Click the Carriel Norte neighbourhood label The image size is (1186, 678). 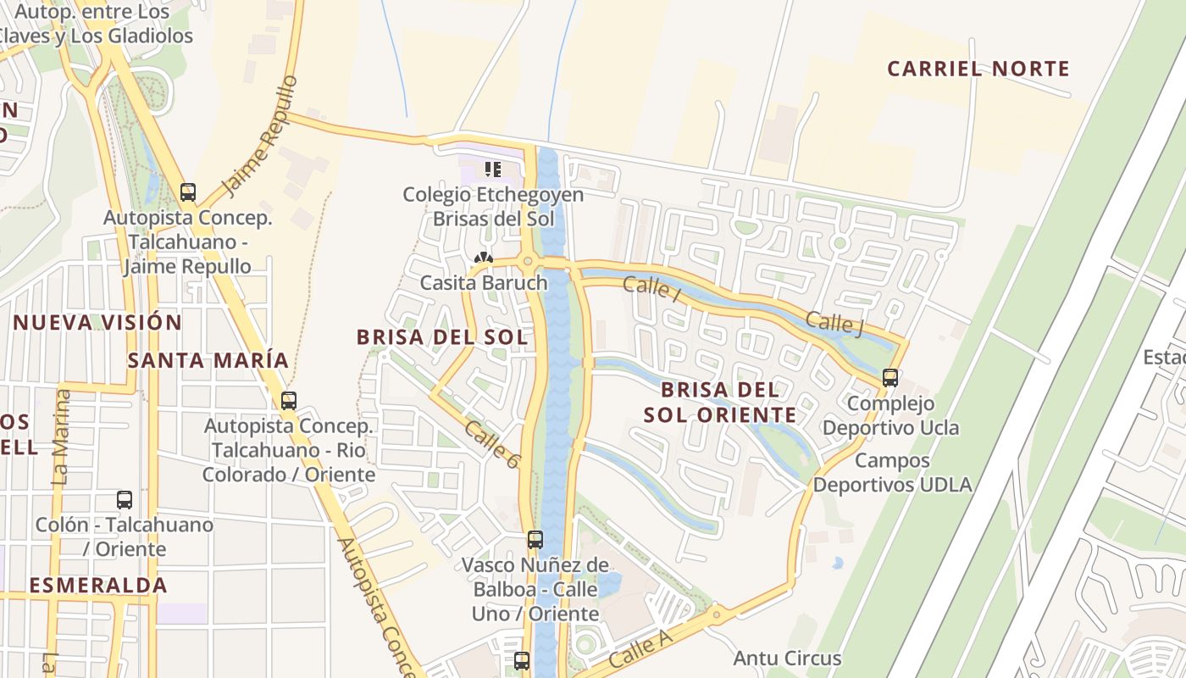978,69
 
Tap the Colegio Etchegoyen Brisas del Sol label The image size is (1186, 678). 493,207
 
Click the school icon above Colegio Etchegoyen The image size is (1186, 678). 493,169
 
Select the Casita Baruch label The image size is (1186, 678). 484,282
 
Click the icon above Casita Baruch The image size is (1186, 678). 484,258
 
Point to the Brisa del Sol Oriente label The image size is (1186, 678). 719,402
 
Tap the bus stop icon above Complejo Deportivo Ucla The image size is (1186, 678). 890,378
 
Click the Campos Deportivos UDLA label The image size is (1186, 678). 892,473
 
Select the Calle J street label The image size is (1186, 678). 834,323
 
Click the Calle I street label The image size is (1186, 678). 651,287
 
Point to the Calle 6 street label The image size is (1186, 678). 492,445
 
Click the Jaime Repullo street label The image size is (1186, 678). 259,136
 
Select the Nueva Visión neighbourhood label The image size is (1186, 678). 97,322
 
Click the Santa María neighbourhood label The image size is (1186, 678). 208,360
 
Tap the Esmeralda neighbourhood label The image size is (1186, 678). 97,585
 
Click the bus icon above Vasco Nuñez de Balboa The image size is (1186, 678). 535,540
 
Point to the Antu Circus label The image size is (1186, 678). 787,658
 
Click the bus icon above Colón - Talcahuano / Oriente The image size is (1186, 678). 125,500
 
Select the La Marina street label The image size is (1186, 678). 60,436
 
